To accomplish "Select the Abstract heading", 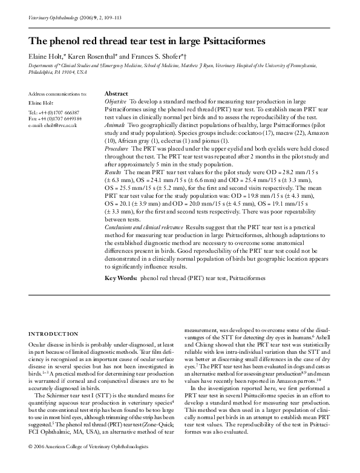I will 116,94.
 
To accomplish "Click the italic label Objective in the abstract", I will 116,101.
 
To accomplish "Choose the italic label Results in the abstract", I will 114,172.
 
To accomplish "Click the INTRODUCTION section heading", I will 53,333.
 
